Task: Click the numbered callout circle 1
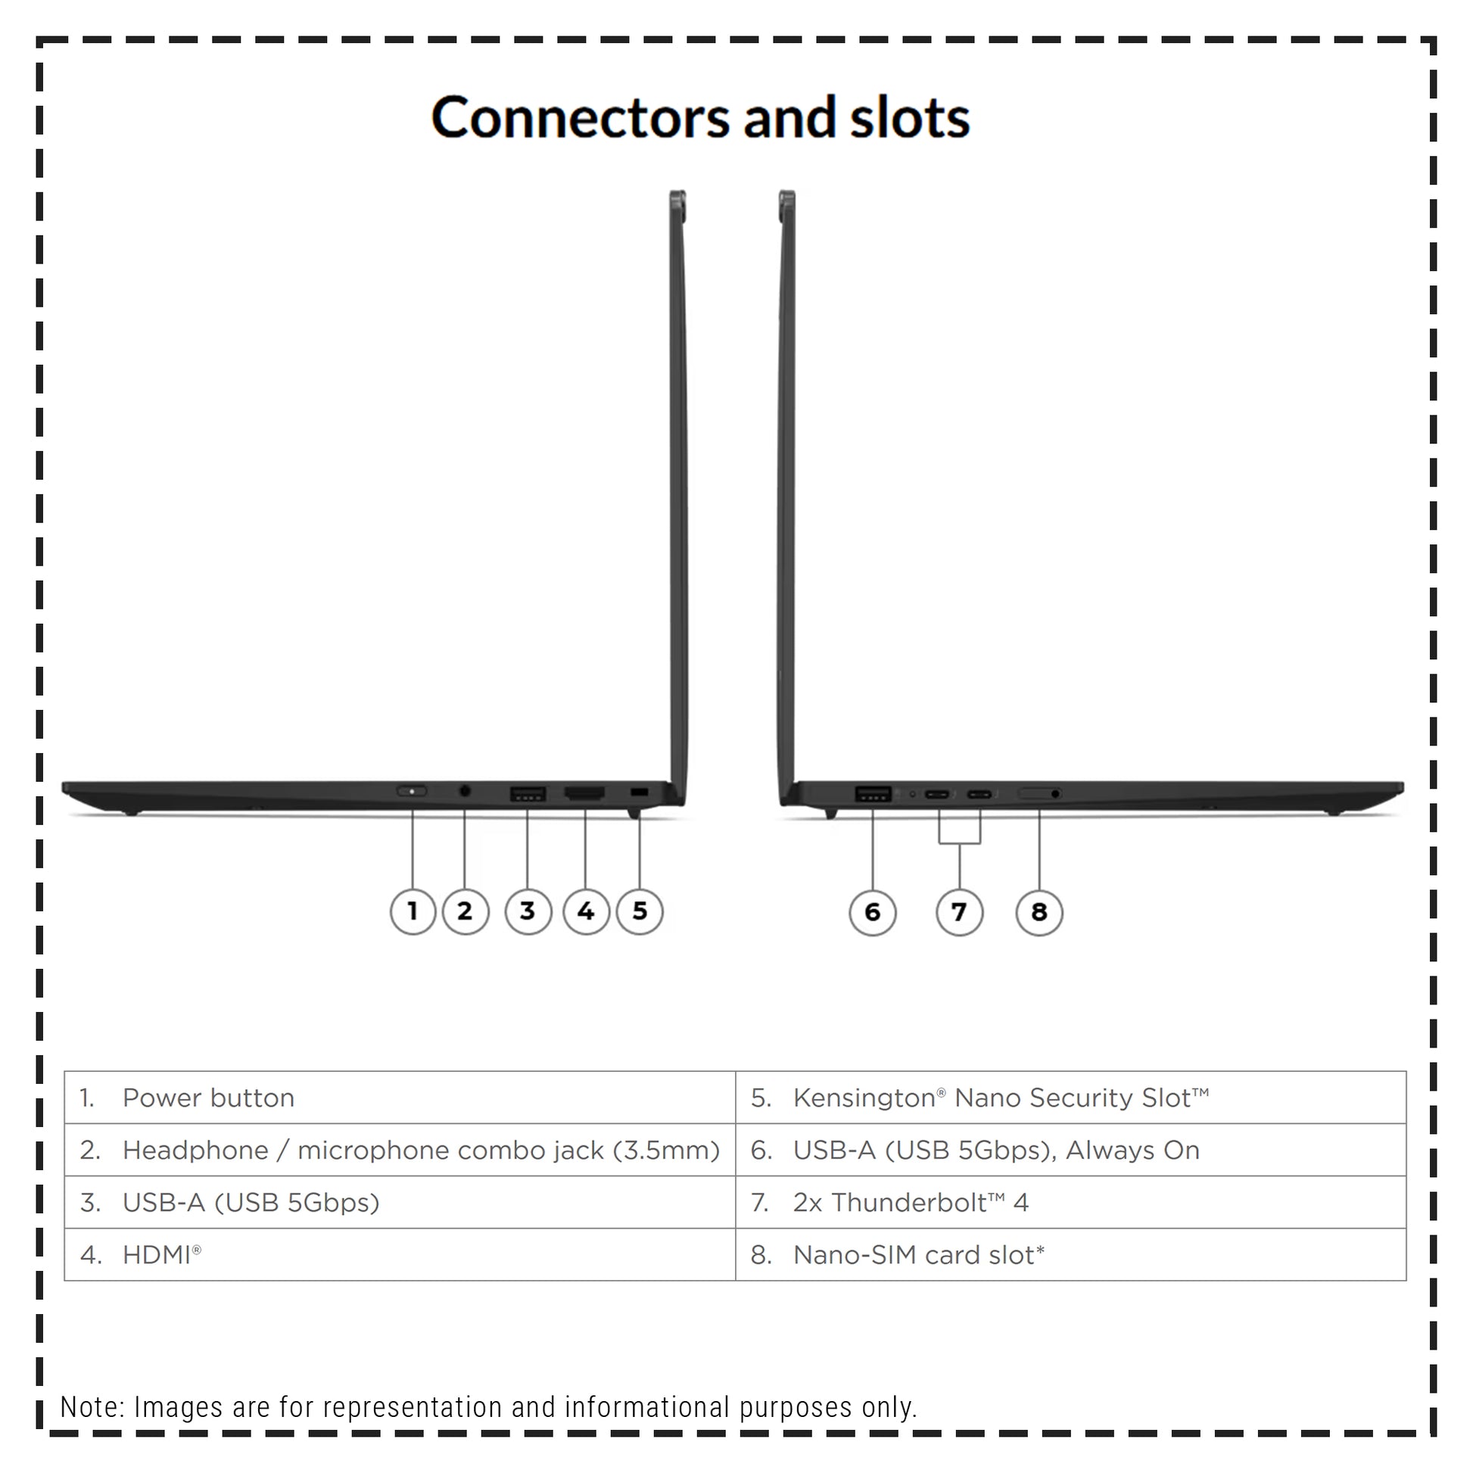coord(413,911)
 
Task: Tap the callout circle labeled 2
coord(465,911)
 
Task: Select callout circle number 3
coord(528,911)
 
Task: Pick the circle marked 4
coord(586,911)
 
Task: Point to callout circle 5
coord(640,911)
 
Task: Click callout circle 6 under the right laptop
coord(872,912)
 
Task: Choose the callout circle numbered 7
coord(959,912)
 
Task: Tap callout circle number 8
coord(1039,912)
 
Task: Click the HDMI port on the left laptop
coord(585,794)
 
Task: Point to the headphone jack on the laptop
coord(465,792)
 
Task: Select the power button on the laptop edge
coord(412,792)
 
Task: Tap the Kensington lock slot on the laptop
coord(640,793)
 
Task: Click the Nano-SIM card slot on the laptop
coord(1040,794)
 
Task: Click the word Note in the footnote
coord(92,1407)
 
